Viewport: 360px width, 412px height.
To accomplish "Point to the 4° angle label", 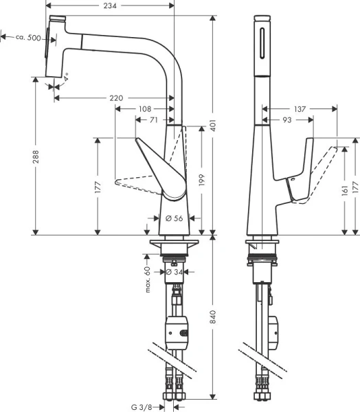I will point(66,80).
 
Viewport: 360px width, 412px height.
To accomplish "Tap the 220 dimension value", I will point(116,98).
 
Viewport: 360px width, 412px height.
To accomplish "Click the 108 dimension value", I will point(145,109).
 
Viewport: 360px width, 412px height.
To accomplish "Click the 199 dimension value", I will point(201,179).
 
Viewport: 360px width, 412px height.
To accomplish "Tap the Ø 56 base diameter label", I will point(175,218).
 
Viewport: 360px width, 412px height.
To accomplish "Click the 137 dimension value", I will point(299,109).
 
